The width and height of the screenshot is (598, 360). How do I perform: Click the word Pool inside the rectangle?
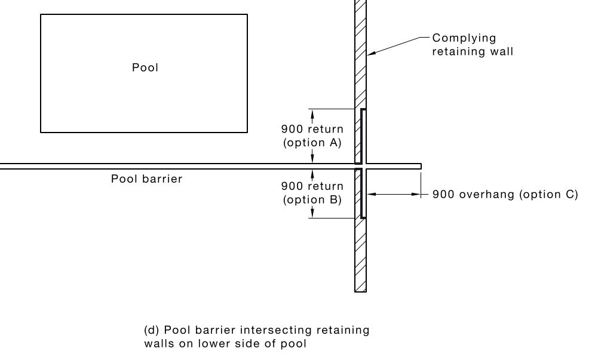pos(145,68)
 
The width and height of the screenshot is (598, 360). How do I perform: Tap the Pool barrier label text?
pos(146,179)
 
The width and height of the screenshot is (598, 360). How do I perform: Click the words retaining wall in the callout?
pos(473,51)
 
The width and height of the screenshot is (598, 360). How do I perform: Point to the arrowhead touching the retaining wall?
pos(370,54)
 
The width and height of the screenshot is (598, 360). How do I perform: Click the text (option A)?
pos(312,143)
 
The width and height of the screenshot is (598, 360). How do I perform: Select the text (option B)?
pos(312,200)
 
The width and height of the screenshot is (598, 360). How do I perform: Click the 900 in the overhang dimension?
pos(443,194)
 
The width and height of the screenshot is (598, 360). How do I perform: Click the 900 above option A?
pos(292,129)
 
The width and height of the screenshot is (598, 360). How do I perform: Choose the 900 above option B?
pos(292,187)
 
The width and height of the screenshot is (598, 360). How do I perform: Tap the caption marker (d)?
pos(152,330)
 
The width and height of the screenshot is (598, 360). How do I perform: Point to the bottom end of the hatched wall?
pos(360,290)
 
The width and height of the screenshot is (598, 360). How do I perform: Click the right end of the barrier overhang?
pos(420,166)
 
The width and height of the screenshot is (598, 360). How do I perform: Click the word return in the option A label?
pos(326,129)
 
